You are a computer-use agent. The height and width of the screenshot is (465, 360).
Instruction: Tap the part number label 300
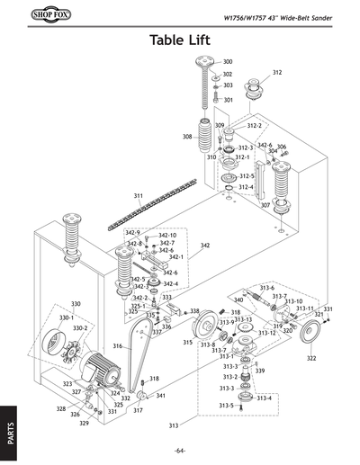pyautogui.click(x=228, y=61)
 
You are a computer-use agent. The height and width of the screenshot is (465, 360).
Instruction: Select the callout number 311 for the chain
pyautogui.click(x=139, y=195)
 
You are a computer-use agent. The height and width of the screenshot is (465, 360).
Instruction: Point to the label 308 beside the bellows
pyautogui.click(x=187, y=137)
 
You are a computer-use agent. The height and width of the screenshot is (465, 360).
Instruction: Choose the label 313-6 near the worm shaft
pyautogui.click(x=267, y=287)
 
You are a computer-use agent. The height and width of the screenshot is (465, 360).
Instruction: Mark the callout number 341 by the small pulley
pyautogui.click(x=159, y=396)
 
